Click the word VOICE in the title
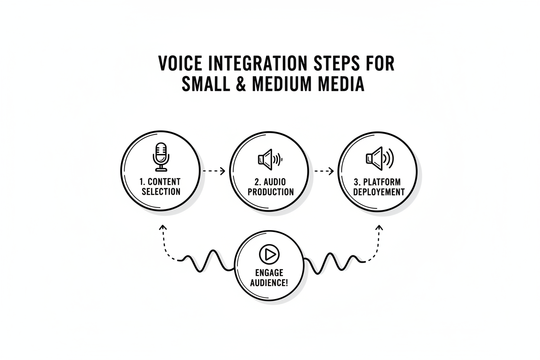tap(180, 63)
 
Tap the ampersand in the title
tap(241, 84)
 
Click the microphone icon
tap(161, 157)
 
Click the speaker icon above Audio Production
tap(270, 159)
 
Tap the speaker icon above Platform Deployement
tap(380, 158)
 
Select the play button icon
tap(269, 254)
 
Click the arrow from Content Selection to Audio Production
tap(214, 171)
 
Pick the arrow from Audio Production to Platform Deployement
tap(324, 171)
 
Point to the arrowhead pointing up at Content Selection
tap(163, 227)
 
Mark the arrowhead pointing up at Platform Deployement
tap(379, 227)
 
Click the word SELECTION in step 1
tap(161, 192)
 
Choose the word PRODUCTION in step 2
tap(271, 192)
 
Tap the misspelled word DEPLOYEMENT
tap(379, 192)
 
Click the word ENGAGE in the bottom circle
tap(269, 273)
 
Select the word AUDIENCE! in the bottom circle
tap(269, 283)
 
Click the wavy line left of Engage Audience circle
tap(207, 261)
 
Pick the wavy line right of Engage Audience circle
tap(334, 264)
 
